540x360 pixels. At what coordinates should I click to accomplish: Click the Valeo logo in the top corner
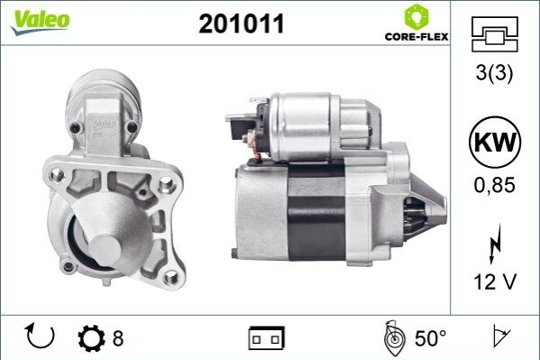[x=40, y=22]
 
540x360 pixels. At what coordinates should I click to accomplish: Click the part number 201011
[x=242, y=23]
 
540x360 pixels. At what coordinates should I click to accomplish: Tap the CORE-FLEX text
[x=416, y=37]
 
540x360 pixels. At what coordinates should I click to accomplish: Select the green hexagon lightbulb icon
[x=416, y=16]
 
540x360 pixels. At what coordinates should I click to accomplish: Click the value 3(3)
[x=494, y=72]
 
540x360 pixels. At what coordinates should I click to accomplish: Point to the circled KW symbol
[x=495, y=142]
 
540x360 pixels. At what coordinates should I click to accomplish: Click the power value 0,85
[x=494, y=185]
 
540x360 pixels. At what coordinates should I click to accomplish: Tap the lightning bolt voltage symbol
[x=495, y=243]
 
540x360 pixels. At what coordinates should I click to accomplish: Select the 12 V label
[x=495, y=282]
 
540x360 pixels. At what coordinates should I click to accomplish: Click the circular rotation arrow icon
[x=40, y=336]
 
